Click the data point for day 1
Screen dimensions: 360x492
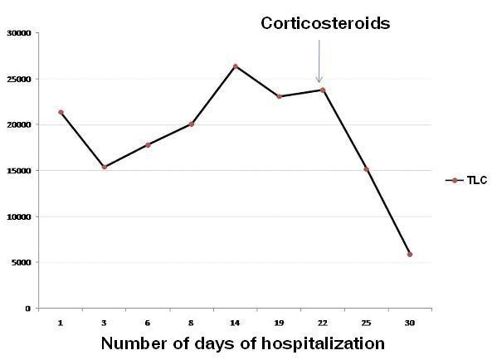pos(61,112)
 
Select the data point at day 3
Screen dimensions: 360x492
pos(104,167)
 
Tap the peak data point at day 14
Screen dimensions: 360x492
pos(235,66)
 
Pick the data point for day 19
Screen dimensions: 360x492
pos(279,96)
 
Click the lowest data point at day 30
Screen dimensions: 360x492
pos(409,254)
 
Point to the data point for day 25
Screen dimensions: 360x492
pos(366,169)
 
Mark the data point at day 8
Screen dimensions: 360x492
pos(192,124)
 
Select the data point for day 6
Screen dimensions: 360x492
pos(148,144)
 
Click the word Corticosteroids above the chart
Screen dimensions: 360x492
pos(324,23)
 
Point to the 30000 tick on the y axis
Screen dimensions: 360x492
pos(19,33)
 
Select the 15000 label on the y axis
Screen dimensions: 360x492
pos(19,171)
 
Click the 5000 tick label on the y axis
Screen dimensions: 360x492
pos(22,263)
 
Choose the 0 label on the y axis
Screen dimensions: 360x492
pos(27,309)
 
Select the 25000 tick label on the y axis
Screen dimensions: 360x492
pos(19,80)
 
